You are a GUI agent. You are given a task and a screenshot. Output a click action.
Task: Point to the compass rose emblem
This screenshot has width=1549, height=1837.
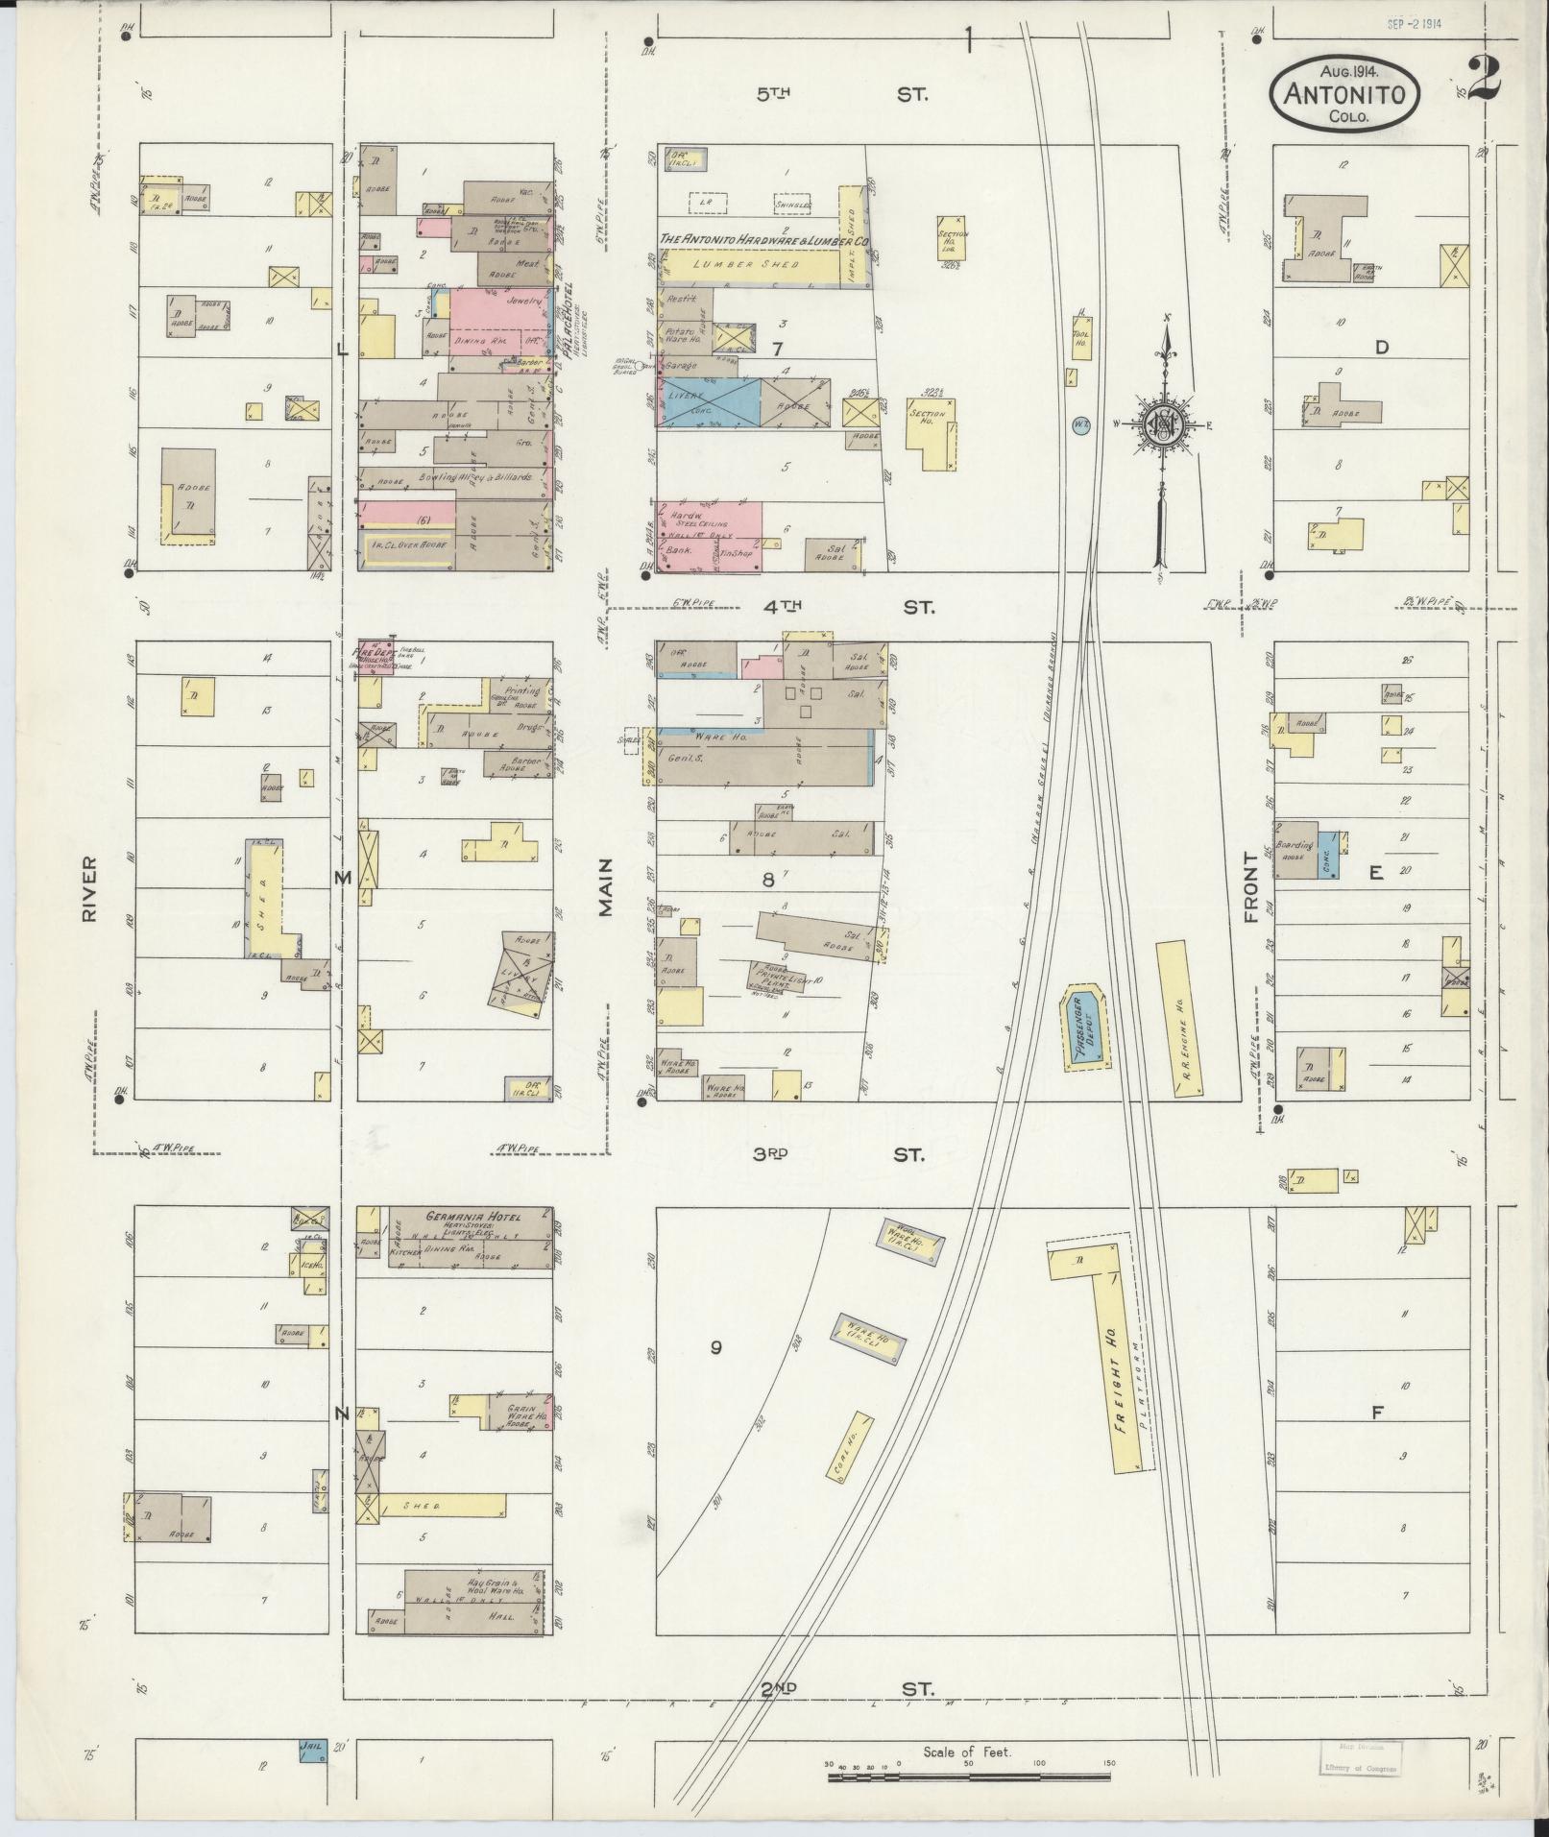tap(1165, 422)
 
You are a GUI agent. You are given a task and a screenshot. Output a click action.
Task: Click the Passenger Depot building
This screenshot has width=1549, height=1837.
tap(1085, 1027)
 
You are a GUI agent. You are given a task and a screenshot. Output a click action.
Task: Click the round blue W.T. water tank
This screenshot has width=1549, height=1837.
tap(1080, 423)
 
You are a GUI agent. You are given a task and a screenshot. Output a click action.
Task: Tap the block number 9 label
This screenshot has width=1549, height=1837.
tap(715, 1347)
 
